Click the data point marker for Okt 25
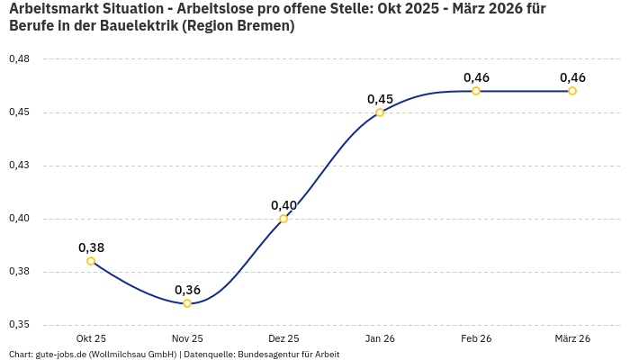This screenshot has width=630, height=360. [91, 261]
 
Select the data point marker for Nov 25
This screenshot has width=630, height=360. [187, 303]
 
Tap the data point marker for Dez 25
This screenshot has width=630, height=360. [283, 219]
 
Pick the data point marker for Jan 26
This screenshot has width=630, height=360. [380, 112]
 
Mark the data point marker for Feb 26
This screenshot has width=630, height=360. [476, 91]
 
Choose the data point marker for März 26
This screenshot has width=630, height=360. [572, 91]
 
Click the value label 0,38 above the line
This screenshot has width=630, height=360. [91, 247]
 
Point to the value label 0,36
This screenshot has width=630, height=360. [187, 290]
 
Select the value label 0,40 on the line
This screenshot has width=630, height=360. [283, 205]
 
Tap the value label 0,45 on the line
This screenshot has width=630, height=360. [380, 99]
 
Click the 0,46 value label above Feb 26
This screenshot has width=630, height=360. [476, 77]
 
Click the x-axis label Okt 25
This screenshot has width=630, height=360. [91, 338]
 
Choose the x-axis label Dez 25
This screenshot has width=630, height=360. [283, 338]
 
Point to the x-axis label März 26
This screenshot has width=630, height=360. [572, 338]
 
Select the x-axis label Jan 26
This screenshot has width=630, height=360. [380, 338]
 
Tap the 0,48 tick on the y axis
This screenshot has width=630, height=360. [19, 59]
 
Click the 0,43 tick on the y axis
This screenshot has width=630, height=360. [19, 166]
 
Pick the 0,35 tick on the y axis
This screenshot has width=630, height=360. [19, 325]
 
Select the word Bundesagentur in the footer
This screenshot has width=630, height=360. [265, 355]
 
